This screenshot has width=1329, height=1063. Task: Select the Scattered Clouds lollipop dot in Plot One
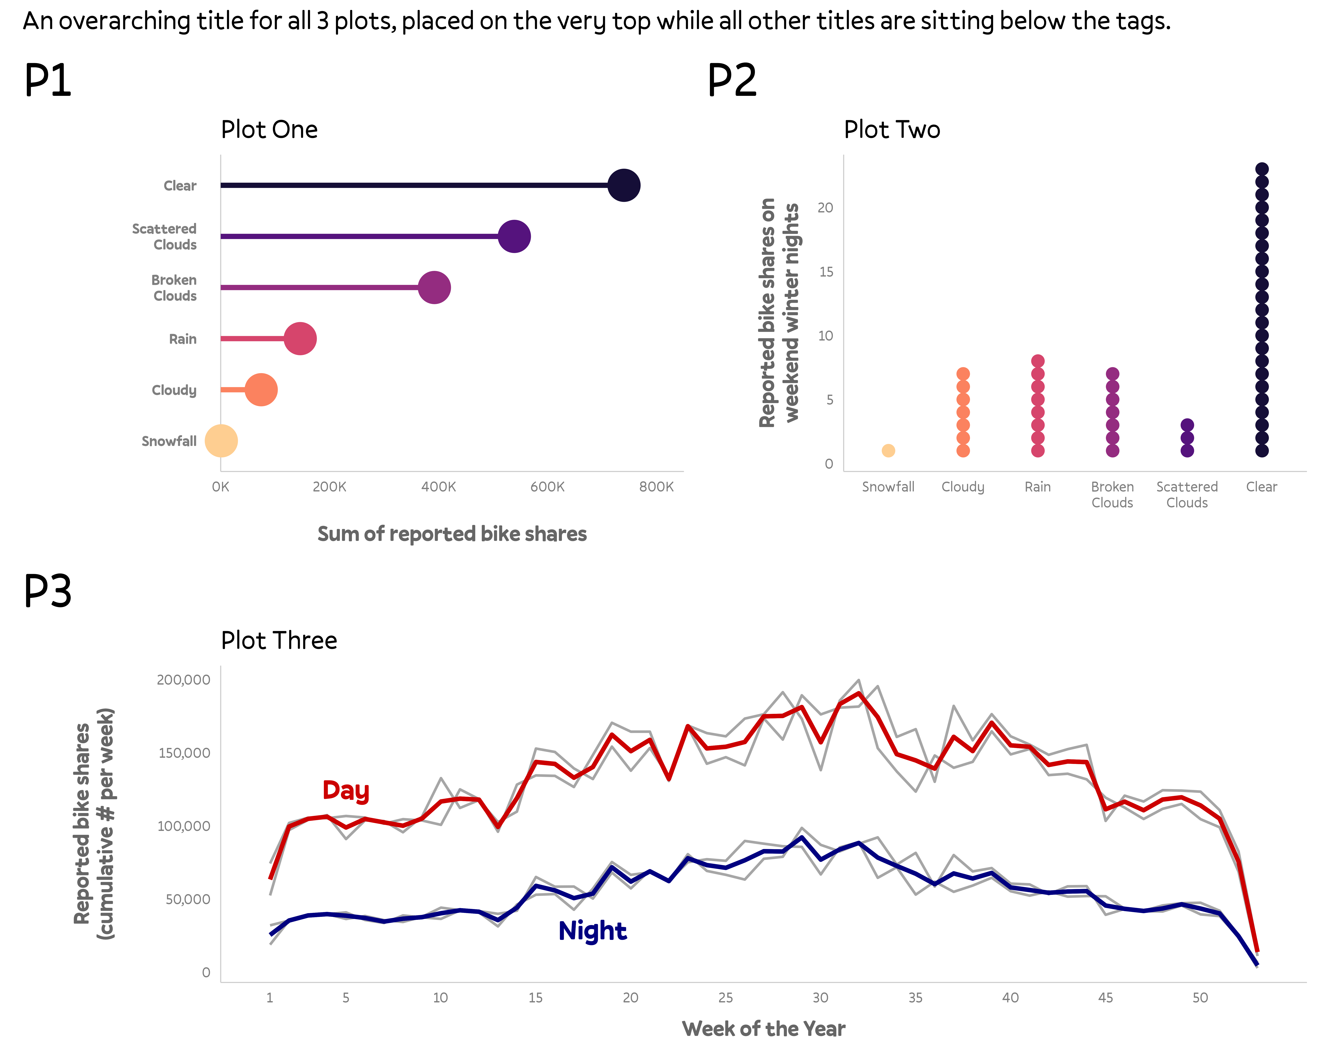[514, 236]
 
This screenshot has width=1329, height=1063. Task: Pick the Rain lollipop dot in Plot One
[300, 338]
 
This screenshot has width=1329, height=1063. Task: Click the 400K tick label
[438, 487]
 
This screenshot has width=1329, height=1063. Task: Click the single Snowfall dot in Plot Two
[888, 451]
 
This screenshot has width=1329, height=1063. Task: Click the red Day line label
[346, 791]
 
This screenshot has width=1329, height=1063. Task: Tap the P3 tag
[47, 590]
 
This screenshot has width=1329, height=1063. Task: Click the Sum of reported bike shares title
[452, 534]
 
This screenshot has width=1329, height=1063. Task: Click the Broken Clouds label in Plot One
[174, 288]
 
